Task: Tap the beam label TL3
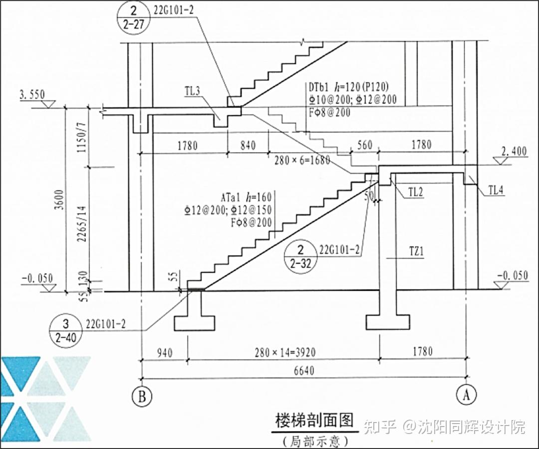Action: [193, 91]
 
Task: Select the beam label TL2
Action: [415, 192]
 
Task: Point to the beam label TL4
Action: [496, 190]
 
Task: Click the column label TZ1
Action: [416, 252]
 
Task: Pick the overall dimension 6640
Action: [304, 371]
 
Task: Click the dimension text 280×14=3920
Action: [285, 352]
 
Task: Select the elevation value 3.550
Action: [32, 94]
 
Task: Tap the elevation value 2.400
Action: [514, 151]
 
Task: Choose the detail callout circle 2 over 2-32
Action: [300, 257]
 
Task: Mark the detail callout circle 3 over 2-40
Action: [66, 331]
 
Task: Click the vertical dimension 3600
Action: [60, 200]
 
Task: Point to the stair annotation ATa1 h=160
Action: [246, 197]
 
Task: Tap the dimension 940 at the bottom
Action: [165, 352]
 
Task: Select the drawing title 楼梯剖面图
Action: [314, 421]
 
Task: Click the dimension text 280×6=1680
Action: [302, 160]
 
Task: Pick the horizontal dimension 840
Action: [248, 145]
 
